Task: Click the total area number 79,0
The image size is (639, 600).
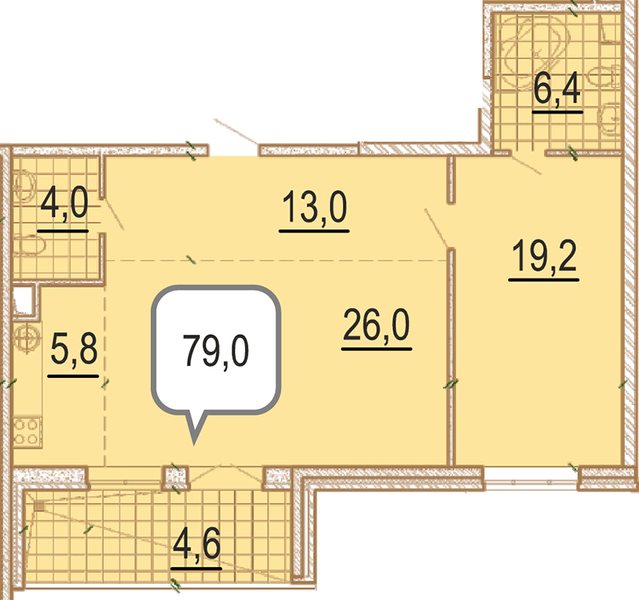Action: (216, 352)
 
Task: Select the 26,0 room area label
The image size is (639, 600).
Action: (376, 325)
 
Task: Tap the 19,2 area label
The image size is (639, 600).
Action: (545, 256)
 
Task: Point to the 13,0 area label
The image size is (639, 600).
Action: (314, 208)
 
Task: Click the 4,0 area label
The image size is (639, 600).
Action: (64, 204)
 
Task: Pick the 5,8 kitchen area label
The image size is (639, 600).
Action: (73, 349)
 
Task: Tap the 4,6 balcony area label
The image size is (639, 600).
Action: (196, 544)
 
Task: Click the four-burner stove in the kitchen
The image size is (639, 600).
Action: (27, 432)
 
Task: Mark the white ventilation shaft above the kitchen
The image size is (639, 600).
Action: (23, 301)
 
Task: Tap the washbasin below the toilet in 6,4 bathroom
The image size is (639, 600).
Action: (609, 118)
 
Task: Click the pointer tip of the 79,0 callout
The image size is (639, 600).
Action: (194, 444)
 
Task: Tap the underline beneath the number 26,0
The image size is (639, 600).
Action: (376, 349)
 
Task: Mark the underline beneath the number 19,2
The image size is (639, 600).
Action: (544, 280)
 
